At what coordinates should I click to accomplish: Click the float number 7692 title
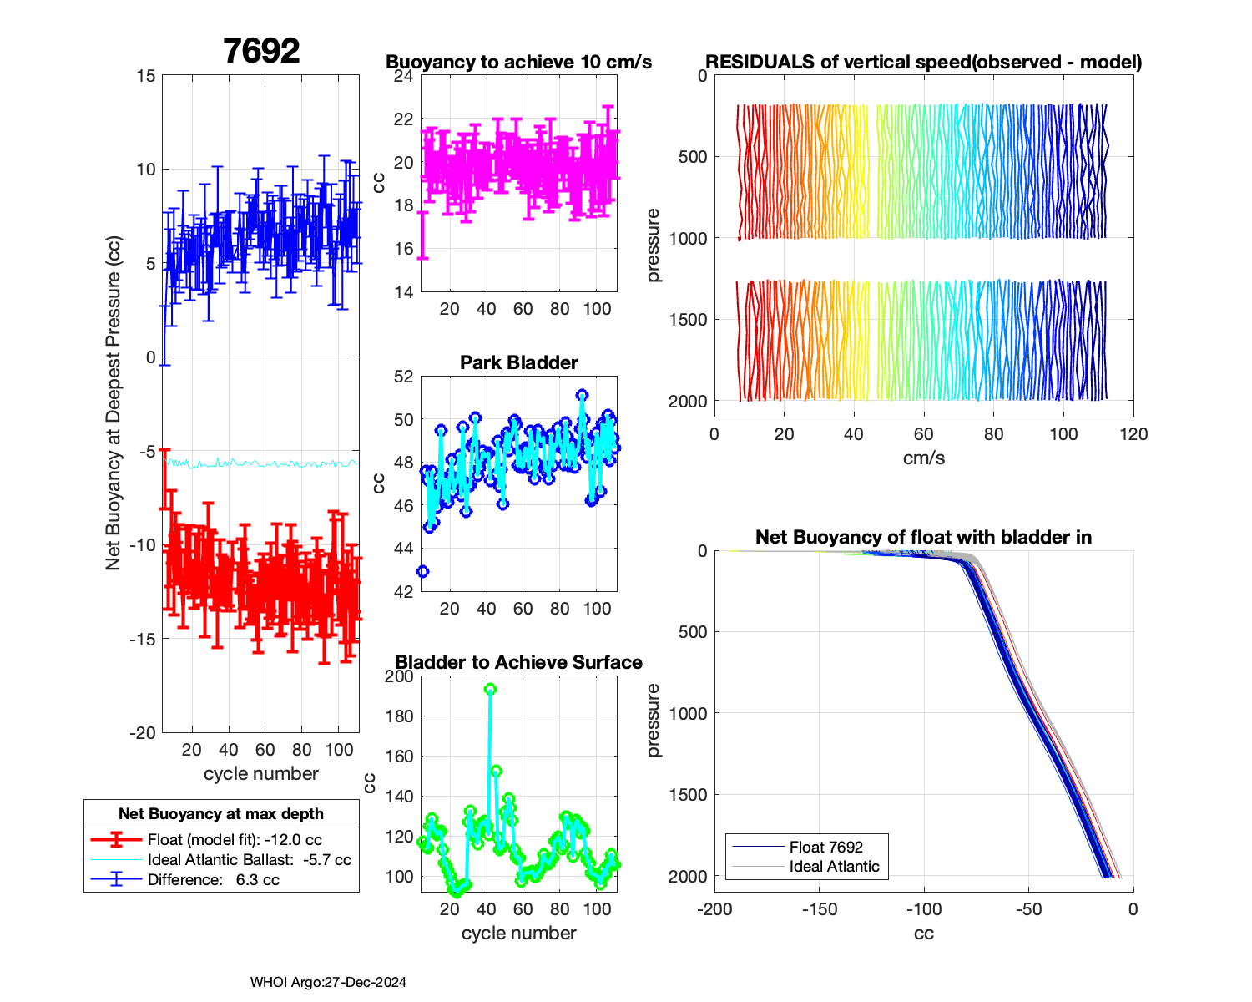pos(261,52)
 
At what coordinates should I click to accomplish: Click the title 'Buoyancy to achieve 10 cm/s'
pos(518,63)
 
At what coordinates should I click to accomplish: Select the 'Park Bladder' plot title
pos(518,362)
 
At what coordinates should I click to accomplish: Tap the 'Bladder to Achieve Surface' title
pos(518,662)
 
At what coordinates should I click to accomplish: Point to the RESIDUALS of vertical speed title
pos(923,63)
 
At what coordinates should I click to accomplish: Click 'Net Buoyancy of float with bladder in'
pos(923,537)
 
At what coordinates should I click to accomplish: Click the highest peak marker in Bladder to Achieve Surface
pos(490,689)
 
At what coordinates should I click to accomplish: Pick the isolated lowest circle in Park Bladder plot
pos(422,571)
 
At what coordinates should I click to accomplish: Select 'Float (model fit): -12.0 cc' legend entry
pos(235,840)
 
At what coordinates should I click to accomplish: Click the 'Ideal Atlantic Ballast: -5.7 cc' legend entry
pos(249,860)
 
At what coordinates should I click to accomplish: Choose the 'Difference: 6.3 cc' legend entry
pos(213,879)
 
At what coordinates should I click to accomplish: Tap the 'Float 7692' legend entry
pos(825,847)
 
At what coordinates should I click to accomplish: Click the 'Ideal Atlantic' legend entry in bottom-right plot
pos(834,867)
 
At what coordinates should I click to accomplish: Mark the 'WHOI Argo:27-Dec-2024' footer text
pos(328,982)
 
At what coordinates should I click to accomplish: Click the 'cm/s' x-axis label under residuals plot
pos(923,458)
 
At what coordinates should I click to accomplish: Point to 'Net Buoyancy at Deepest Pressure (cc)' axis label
pos(114,404)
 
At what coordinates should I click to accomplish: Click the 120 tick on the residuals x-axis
pos(1133,434)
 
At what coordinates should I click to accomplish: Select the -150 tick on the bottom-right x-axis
pos(819,909)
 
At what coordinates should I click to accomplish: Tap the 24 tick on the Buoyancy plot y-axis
pos(404,77)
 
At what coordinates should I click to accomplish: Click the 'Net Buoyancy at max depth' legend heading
pos(221,813)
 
